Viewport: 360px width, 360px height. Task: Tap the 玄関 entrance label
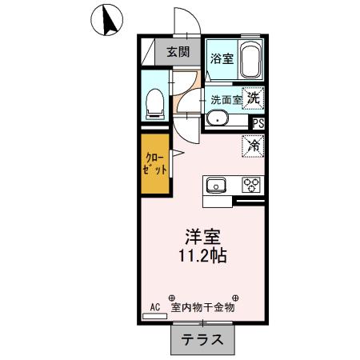[178, 53]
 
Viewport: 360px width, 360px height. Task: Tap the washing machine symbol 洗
[253, 99]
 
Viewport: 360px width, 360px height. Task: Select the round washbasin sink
[217, 120]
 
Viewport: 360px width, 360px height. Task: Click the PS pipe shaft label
[258, 123]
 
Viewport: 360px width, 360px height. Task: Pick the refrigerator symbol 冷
[253, 146]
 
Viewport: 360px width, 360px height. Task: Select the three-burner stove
[252, 185]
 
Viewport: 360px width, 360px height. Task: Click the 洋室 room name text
[204, 237]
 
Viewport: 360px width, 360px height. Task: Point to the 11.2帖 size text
[204, 257]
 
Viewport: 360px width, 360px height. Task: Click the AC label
[155, 306]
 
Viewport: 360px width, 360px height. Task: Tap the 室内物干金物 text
[207, 306]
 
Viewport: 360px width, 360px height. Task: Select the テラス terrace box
[202, 339]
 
